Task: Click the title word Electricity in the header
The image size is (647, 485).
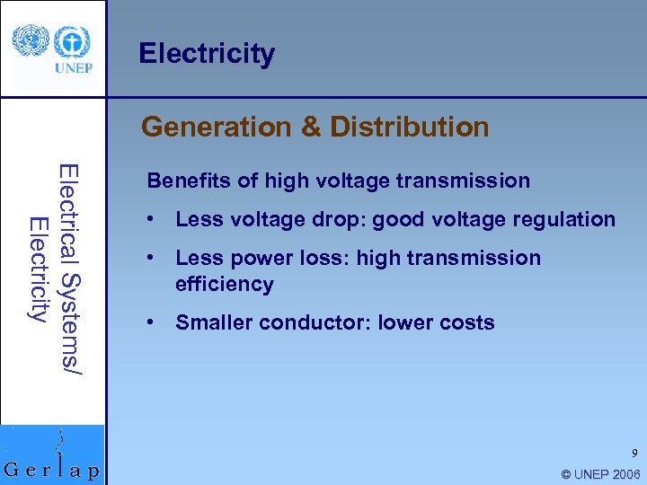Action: tap(207, 54)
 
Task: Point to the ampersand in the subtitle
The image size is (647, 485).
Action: tap(311, 127)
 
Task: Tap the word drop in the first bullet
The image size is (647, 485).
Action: tap(341, 219)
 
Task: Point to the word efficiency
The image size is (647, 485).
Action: tap(225, 285)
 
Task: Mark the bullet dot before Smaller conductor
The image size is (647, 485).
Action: tap(156, 322)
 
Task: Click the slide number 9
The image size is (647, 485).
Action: tap(633, 453)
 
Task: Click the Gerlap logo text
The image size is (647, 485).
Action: tap(53, 470)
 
